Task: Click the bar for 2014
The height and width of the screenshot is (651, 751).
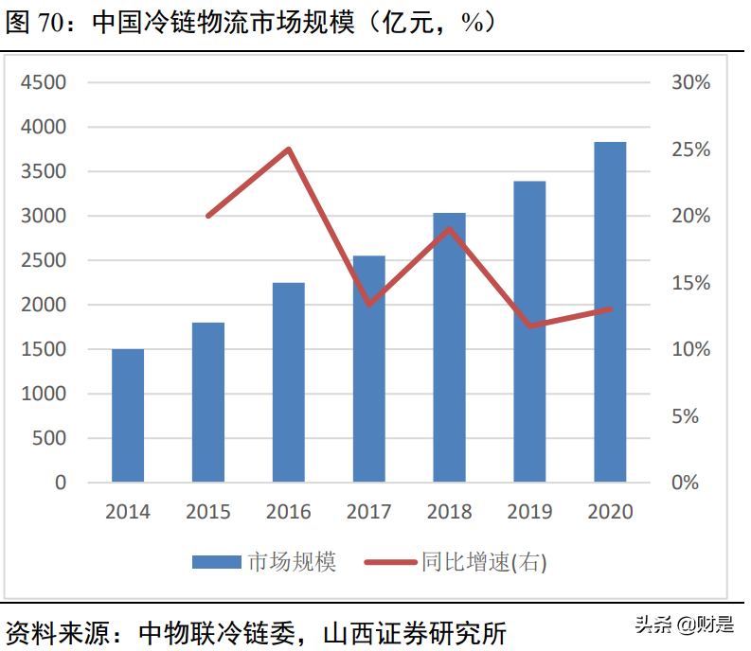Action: point(128,415)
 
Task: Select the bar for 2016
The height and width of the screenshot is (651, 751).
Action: point(289,382)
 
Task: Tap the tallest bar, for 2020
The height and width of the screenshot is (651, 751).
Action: point(610,312)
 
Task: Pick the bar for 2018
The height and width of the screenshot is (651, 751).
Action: point(449,347)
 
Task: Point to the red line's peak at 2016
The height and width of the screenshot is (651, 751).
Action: point(289,149)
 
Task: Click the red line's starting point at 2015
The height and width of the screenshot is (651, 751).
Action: point(208,216)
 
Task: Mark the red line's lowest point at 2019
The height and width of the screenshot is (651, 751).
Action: point(530,325)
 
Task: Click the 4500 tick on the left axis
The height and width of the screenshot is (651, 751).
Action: point(44,82)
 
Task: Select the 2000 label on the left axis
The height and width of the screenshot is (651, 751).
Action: point(44,305)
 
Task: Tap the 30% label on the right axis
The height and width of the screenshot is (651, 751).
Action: point(690,82)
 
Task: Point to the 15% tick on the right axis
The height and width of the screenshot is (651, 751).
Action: point(690,283)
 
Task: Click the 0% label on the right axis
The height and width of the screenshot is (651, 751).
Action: point(690,483)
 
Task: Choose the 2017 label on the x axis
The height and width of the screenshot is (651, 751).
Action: point(369,512)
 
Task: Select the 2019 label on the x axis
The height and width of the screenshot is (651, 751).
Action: point(530,512)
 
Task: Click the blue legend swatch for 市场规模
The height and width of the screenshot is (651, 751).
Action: point(216,562)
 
